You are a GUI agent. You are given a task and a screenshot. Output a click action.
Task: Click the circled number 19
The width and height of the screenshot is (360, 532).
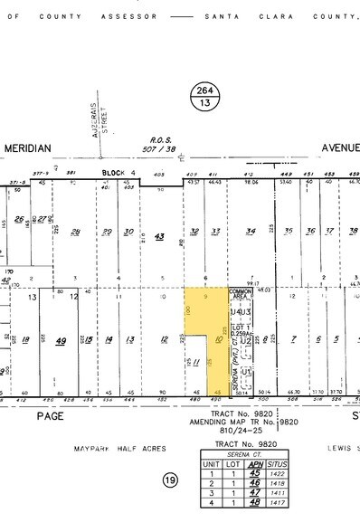(x=170, y=480)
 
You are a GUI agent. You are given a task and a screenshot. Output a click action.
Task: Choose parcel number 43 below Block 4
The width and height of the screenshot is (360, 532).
(x=160, y=236)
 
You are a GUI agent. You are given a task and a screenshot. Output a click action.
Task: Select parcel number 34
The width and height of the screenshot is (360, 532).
(x=251, y=232)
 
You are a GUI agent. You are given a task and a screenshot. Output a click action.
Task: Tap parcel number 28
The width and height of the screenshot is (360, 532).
(x=77, y=232)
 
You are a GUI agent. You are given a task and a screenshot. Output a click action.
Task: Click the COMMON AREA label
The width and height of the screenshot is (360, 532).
(x=240, y=291)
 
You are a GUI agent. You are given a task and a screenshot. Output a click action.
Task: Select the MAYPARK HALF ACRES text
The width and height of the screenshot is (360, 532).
(x=114, y=448)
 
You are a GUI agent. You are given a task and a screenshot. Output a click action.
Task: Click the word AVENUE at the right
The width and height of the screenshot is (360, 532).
(x=340, y=147)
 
